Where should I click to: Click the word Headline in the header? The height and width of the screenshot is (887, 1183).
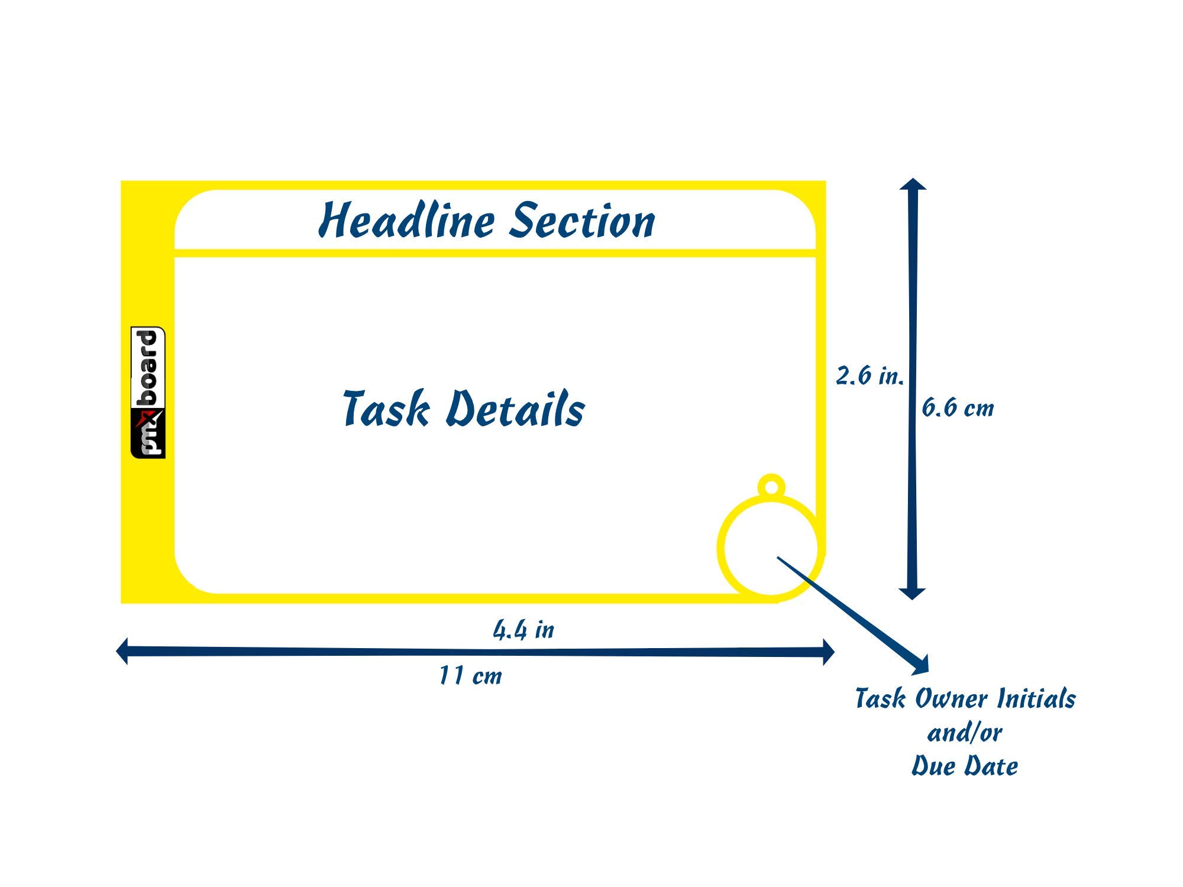pos(407,221)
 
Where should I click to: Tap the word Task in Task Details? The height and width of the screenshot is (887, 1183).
pos(386,409)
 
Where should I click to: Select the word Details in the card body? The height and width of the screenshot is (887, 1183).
pos(515,409)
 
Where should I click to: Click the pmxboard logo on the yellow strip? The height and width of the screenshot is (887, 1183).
pos(148,392)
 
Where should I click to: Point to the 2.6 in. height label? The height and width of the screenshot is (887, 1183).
pos(870,376)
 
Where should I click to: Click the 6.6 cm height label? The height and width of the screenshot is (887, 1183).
pos(958,408)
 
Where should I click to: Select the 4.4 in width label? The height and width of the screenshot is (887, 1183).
pos(523,630)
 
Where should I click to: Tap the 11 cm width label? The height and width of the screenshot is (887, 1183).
pos(470,676)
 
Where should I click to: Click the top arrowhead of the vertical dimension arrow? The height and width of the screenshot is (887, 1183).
pos(913,184)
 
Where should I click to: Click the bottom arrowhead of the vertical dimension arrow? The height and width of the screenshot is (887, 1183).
pos(912,593)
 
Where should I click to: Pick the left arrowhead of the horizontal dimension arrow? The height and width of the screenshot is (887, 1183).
pos(122,651)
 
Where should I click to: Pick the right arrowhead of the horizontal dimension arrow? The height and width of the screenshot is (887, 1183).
pos(828,652)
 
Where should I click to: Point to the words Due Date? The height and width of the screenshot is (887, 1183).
pos(964,766)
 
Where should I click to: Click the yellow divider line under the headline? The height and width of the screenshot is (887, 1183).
pos(494,254)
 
